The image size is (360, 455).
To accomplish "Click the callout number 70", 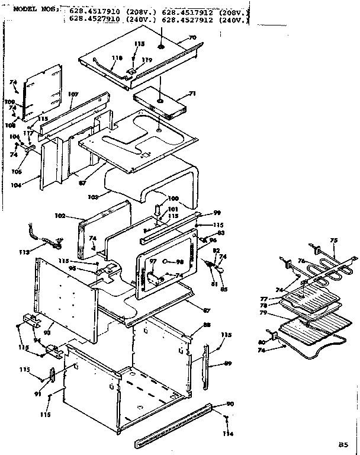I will coord(192,38).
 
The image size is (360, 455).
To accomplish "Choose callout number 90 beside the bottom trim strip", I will coord(230,404).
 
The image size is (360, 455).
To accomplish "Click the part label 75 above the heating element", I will coord(333,240).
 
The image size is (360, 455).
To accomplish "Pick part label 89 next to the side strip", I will coord(227,363).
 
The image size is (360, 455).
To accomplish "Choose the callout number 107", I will coord(73,94).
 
